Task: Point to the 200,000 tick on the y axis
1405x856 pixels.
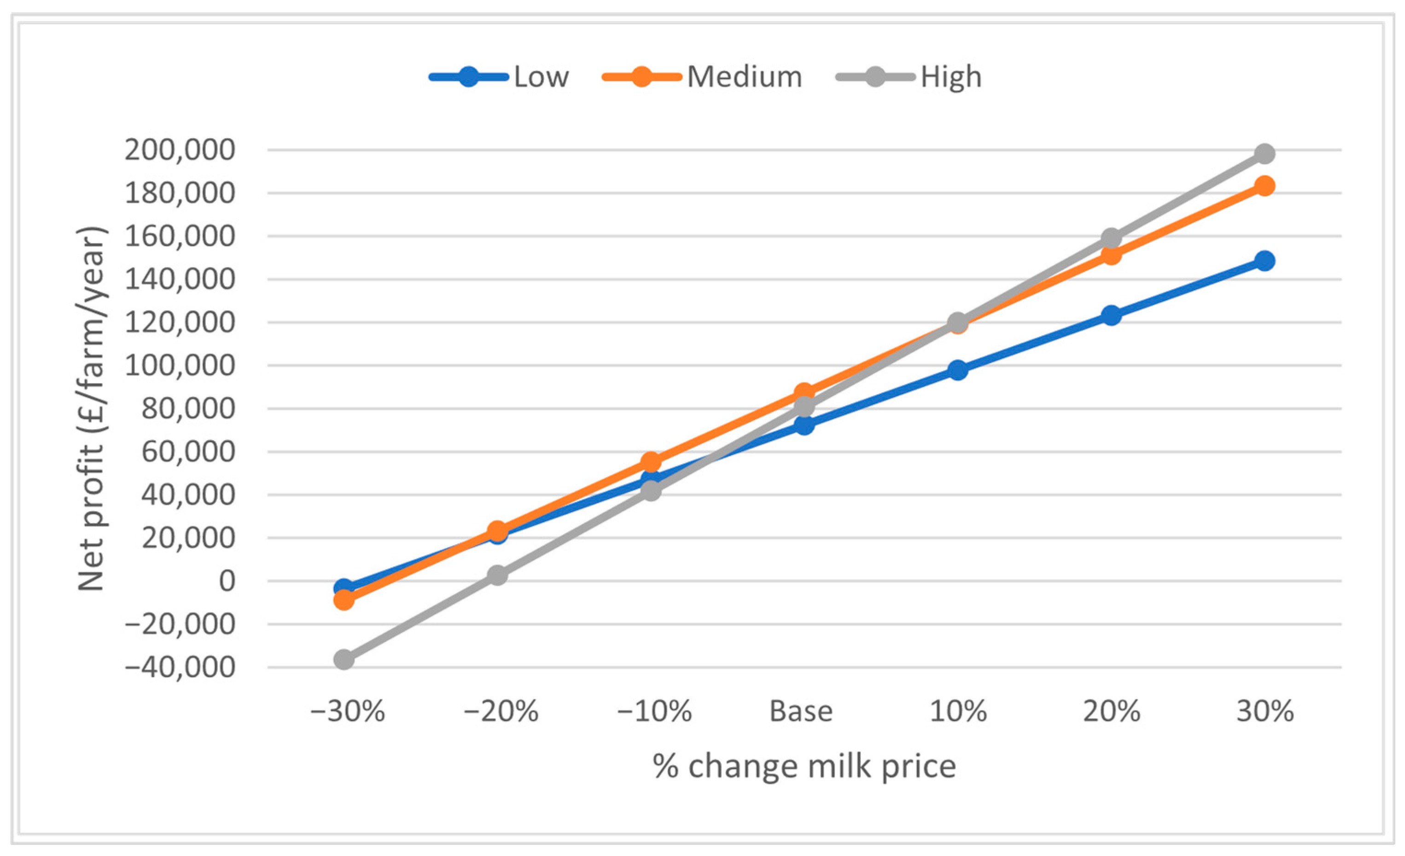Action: (180, 150)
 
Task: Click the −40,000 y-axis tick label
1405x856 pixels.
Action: (180, 667)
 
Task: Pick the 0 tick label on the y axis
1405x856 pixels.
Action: (227, 581)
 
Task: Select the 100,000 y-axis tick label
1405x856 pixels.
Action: (180, 366)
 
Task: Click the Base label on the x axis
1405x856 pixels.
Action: (801, 711)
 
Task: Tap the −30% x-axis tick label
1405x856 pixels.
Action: (347, 711)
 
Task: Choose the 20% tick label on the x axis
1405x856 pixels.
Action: (1111, 711)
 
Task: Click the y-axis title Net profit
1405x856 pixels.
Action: (91, 408)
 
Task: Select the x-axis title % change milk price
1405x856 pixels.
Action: (804, 766)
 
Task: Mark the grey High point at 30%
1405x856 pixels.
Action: (1265, 153)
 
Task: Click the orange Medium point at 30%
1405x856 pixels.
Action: (1265, 186)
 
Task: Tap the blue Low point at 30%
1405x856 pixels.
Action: (1265, 261)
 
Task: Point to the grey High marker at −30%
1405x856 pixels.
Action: (344, 660)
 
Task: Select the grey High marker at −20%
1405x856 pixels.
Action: (497, 576)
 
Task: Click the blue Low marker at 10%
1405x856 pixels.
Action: (958, 370)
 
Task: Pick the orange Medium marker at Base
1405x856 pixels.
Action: (804, 393)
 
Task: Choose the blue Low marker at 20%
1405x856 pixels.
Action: (1111, 315)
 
